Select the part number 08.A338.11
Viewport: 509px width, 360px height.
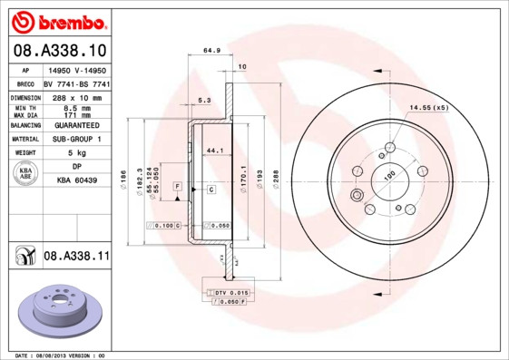pos(76,258)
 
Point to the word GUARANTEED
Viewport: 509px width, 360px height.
pos(78,125)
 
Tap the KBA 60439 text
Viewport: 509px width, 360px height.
pos(78,180)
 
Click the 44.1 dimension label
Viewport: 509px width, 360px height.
pos(215,150)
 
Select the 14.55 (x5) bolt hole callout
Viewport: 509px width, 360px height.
pos(428,108)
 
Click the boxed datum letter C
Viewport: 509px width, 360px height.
pos(210,190)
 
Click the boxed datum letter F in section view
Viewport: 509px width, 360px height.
pos(178,186)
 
